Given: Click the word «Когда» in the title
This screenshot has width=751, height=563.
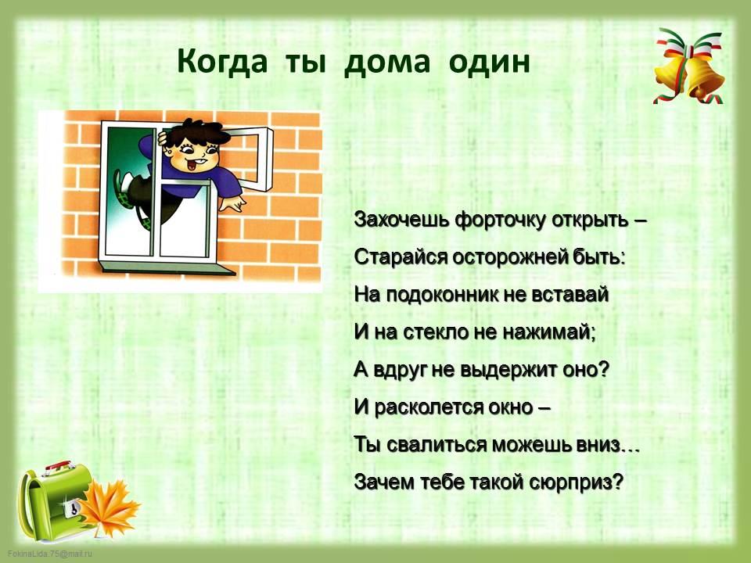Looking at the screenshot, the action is [x=221, y=61].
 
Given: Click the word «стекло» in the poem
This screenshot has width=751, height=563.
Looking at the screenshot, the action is [x=436, y=332].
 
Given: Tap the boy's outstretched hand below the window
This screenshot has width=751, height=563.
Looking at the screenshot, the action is [x=233, y=203].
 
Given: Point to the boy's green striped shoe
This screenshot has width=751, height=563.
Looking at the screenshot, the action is [x=123, y=189].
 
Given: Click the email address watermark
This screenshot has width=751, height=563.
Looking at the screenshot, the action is [x=50, y=554].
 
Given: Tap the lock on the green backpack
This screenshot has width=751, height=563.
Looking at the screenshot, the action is [x=72, y=507].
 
